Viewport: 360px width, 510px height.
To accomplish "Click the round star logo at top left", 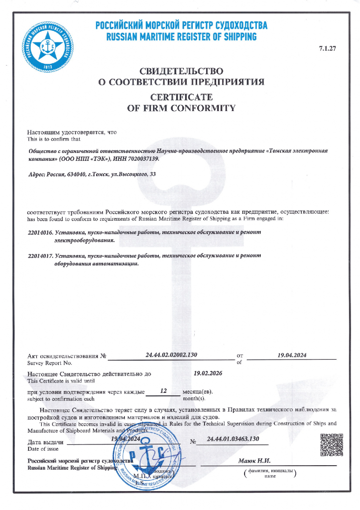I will (x=48, y=45).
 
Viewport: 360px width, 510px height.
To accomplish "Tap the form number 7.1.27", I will (x=328, y=48).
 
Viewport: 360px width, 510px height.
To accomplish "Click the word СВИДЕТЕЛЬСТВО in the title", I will (x=181, y=71).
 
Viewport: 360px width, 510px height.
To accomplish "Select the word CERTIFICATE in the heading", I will (x=181, y=96).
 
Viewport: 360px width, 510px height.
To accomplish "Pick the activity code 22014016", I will (x=40, y=233).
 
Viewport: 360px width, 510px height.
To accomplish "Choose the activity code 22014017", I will (x=40, y=256).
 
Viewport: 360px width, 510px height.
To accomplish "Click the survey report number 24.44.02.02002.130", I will (x=172, y=355).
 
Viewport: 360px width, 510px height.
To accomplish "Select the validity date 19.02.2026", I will (x=208, y=373).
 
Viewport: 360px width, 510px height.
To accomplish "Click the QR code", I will (x=331, y=445).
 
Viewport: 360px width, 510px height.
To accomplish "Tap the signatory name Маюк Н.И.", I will (x=254, y=461).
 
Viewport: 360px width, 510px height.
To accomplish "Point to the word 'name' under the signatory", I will (x=269, y=476).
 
